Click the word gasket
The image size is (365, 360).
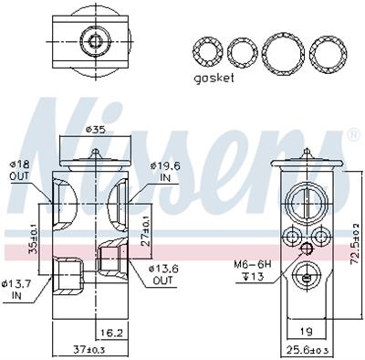point(214,78)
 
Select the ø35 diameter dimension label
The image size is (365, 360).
point(96,130)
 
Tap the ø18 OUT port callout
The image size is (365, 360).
point(19,170)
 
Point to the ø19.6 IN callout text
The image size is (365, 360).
point(165,172)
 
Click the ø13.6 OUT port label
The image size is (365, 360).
point(162,274)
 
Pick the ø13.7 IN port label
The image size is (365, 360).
point(16,290)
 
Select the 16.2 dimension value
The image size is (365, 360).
point(111,334)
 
